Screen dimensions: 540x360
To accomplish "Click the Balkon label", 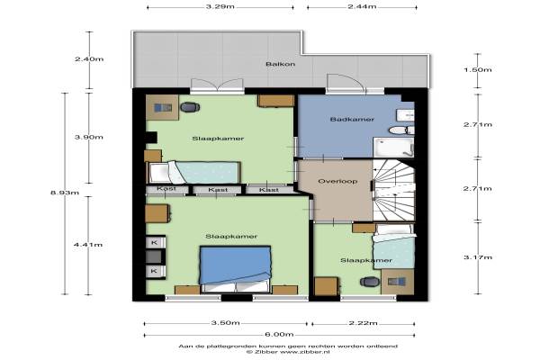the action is coord(280,64).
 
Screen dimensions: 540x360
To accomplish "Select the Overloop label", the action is coord(337,181).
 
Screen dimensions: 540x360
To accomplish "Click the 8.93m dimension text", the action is coord(65,193).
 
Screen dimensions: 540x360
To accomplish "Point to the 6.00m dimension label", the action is coord(279,335).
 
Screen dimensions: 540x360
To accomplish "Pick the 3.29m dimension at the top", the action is coord(220,6).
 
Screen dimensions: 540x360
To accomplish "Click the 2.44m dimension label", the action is coord(362,6).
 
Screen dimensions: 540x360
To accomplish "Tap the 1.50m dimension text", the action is coord(477,70).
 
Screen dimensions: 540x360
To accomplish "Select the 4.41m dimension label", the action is coord(88,245).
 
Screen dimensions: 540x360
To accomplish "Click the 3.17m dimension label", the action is coord(477,257).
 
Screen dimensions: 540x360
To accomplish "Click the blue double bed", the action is coord(235,269).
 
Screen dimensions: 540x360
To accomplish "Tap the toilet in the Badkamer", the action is coord(401,130).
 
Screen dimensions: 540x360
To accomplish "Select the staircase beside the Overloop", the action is coord(394,190).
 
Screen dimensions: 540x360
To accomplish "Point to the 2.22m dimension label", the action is coord(363,323).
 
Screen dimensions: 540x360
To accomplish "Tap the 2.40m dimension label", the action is coord(89,59).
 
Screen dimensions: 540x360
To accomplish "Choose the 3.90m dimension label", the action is coord(89,137).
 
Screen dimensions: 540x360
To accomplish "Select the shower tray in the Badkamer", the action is coord(393,147).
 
